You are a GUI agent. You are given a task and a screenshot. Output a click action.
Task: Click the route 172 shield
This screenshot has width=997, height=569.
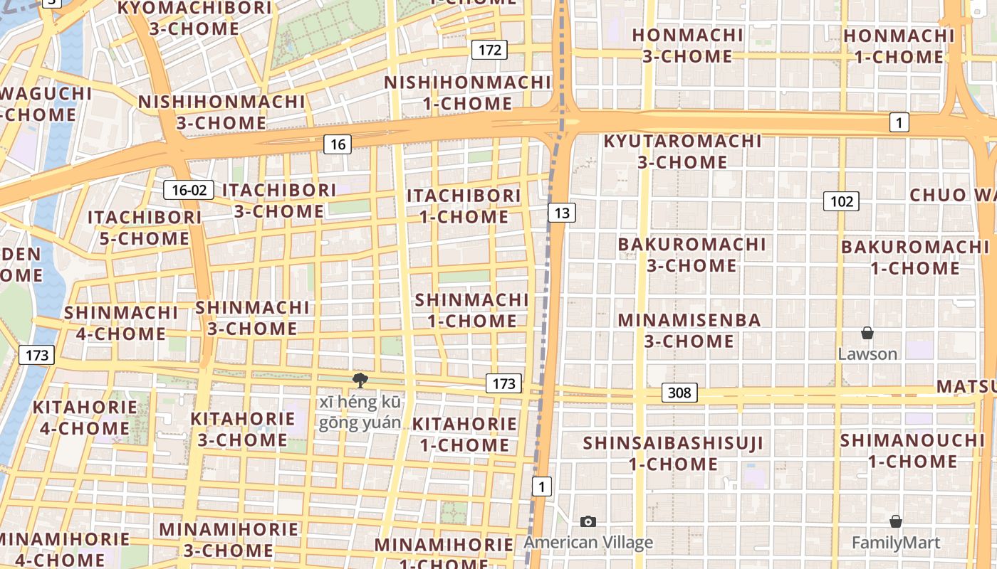(x=489, y=50)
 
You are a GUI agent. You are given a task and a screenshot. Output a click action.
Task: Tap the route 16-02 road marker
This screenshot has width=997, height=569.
(x=189, y=190)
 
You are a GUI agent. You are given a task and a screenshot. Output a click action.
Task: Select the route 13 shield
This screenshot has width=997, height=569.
(x=562, y=212)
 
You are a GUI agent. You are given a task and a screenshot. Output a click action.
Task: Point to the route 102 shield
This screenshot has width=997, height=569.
(x=841, y=201)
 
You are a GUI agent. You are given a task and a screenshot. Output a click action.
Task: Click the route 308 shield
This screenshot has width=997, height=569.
(x=679, y=393)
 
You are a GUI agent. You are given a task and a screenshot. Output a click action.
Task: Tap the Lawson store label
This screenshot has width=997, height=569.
(x=867, y=353)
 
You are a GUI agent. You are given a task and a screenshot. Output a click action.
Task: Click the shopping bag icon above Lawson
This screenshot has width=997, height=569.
(x=867, y=333)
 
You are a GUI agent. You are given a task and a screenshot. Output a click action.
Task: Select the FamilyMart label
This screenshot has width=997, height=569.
(x=896, y=543)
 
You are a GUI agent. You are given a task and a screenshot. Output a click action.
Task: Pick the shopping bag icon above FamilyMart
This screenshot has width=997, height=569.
(x=896, y=521)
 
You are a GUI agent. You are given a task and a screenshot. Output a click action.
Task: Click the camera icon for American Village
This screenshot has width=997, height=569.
(x=588, y=521)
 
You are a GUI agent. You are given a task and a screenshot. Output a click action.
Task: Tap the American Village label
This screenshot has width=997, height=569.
(x=588, y=543)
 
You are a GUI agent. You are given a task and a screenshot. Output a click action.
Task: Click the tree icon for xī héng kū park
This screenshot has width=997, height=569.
(x=360, y=381)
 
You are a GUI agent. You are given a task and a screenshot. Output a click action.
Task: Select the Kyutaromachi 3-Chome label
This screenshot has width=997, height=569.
(x=682, y=151)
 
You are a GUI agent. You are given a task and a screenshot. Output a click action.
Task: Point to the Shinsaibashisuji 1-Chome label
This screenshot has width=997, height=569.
(x=673, y=454)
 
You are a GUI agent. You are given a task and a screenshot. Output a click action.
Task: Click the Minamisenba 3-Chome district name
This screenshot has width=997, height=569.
(x=689, y=331)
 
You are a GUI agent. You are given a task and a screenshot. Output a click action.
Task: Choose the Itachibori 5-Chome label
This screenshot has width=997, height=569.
(x=145, y=228)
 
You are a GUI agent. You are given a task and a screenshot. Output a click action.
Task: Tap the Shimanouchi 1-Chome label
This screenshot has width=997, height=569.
(x=912, y=450)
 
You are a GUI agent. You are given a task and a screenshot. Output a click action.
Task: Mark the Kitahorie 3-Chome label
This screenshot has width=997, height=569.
(x=242, y=429)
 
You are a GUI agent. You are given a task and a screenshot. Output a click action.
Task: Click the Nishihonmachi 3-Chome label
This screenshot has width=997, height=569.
(x=221, y=112)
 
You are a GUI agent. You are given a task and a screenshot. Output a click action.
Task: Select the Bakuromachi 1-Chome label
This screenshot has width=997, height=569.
(x=915, y=257)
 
